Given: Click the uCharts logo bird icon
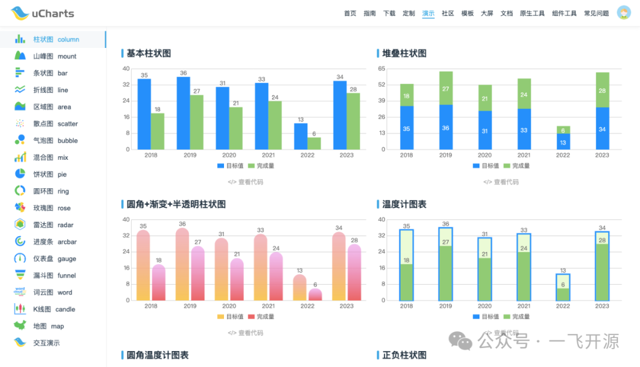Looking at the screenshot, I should pyautogui.click(x=19, y=13).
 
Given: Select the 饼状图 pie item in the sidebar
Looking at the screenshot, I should pyautogui.click(x=50, y=175).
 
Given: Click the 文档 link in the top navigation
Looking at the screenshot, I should pyautogui.click(x=507, y=13).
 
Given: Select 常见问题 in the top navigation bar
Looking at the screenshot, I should pyautogui.click(x=596, y=13).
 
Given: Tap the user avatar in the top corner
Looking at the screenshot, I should pyautogui.click(x=623, y=13).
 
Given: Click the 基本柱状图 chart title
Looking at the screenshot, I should pyautogui.click(x=149, y=53).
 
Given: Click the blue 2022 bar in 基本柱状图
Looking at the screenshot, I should pyautogui.click(x=301, y=136).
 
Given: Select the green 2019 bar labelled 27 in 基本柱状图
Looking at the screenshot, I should pyautogui.click(x=197, y=122).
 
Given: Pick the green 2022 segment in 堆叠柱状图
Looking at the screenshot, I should pyautogui.click(x=563, y=130).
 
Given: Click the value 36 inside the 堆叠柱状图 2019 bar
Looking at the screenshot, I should pyautogui.click(x=446, y=128).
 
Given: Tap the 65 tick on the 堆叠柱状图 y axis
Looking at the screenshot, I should pyautogui.click(x=382, y=69).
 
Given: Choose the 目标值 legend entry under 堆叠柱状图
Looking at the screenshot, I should pyautogui.click(x=485, y=166).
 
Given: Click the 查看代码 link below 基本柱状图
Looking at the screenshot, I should pyautogui.click(x=245, y=182).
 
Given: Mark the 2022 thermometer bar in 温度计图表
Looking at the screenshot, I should pyautogui.click(x=563, y=286).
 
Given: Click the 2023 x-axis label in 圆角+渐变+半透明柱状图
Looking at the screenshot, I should pyautogui.click(x=347, y=306).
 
